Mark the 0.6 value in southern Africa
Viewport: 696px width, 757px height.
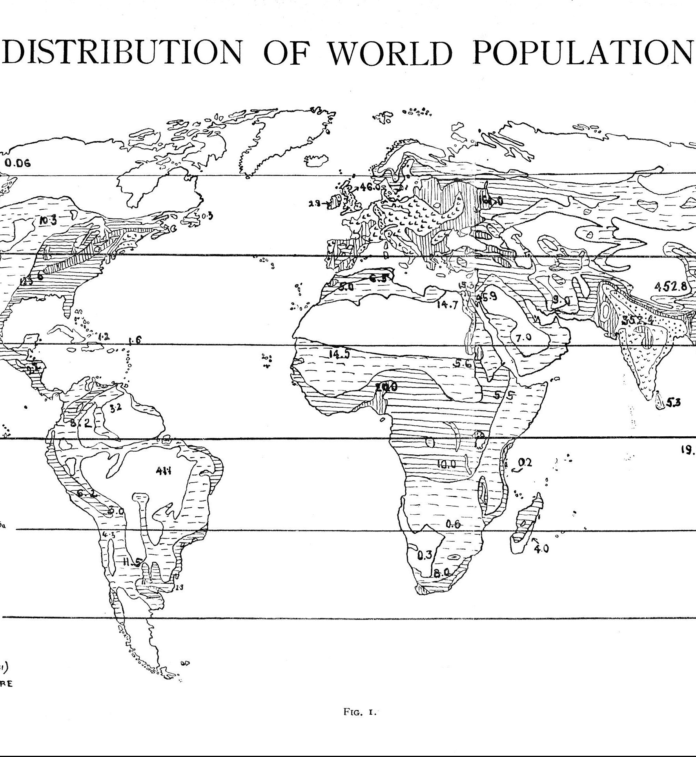coord(453,524)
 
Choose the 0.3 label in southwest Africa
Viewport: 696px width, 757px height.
coord(424,554)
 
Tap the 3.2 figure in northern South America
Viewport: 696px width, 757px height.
coord(115,408)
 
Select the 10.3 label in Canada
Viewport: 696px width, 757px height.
coord(48,220)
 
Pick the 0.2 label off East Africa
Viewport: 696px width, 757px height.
coord(525,463)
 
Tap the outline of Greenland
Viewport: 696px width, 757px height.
coord(275,141)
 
